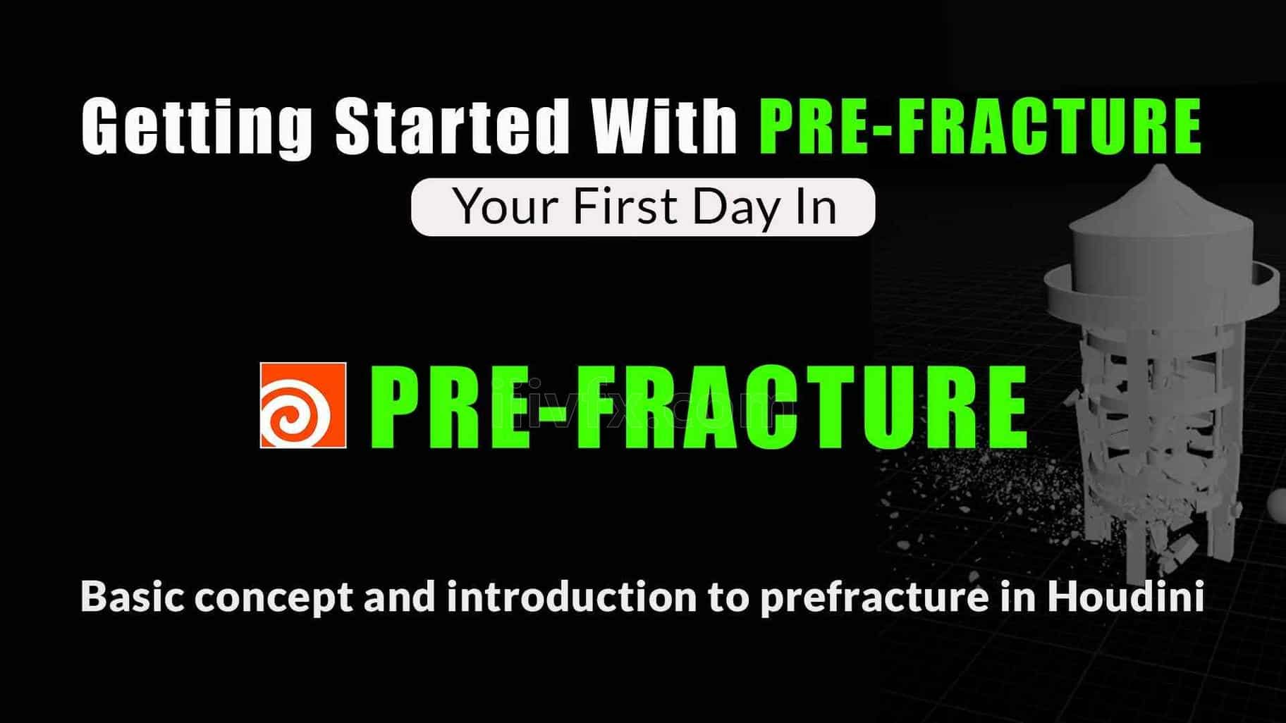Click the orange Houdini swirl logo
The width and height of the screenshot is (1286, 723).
[303, 405]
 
